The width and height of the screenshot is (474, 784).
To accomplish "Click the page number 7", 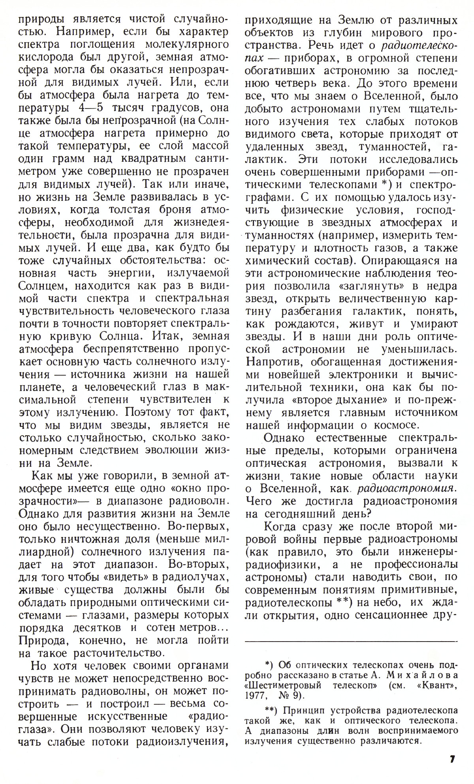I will [x=452, y=759].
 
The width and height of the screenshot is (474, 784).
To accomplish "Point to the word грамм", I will [x=68, y=159].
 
